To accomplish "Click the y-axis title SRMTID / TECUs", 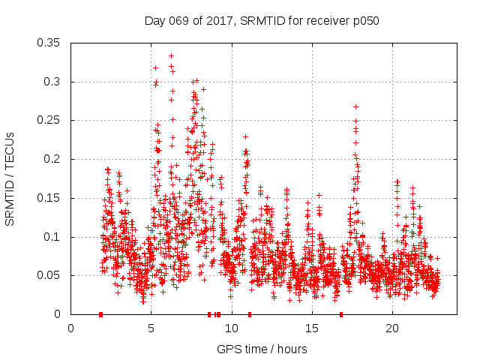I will [x=10, y=178].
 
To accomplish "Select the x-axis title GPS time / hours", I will [x=261, y=349].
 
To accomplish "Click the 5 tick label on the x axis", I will [x=151, y=328].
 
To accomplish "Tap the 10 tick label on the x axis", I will [x=231, y=328].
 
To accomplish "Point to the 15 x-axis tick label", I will [x=311, y=328].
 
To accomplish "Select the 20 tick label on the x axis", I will [x=391, y=328].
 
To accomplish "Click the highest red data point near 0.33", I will [x=171, y=55].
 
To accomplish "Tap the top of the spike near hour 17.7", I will [x=355, y=106].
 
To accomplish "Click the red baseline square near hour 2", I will [x=100, y=314].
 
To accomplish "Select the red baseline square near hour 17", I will [x=341, y=314].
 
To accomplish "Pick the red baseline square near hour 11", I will [x=250, y=314].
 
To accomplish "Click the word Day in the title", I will [x=154, y=20].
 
